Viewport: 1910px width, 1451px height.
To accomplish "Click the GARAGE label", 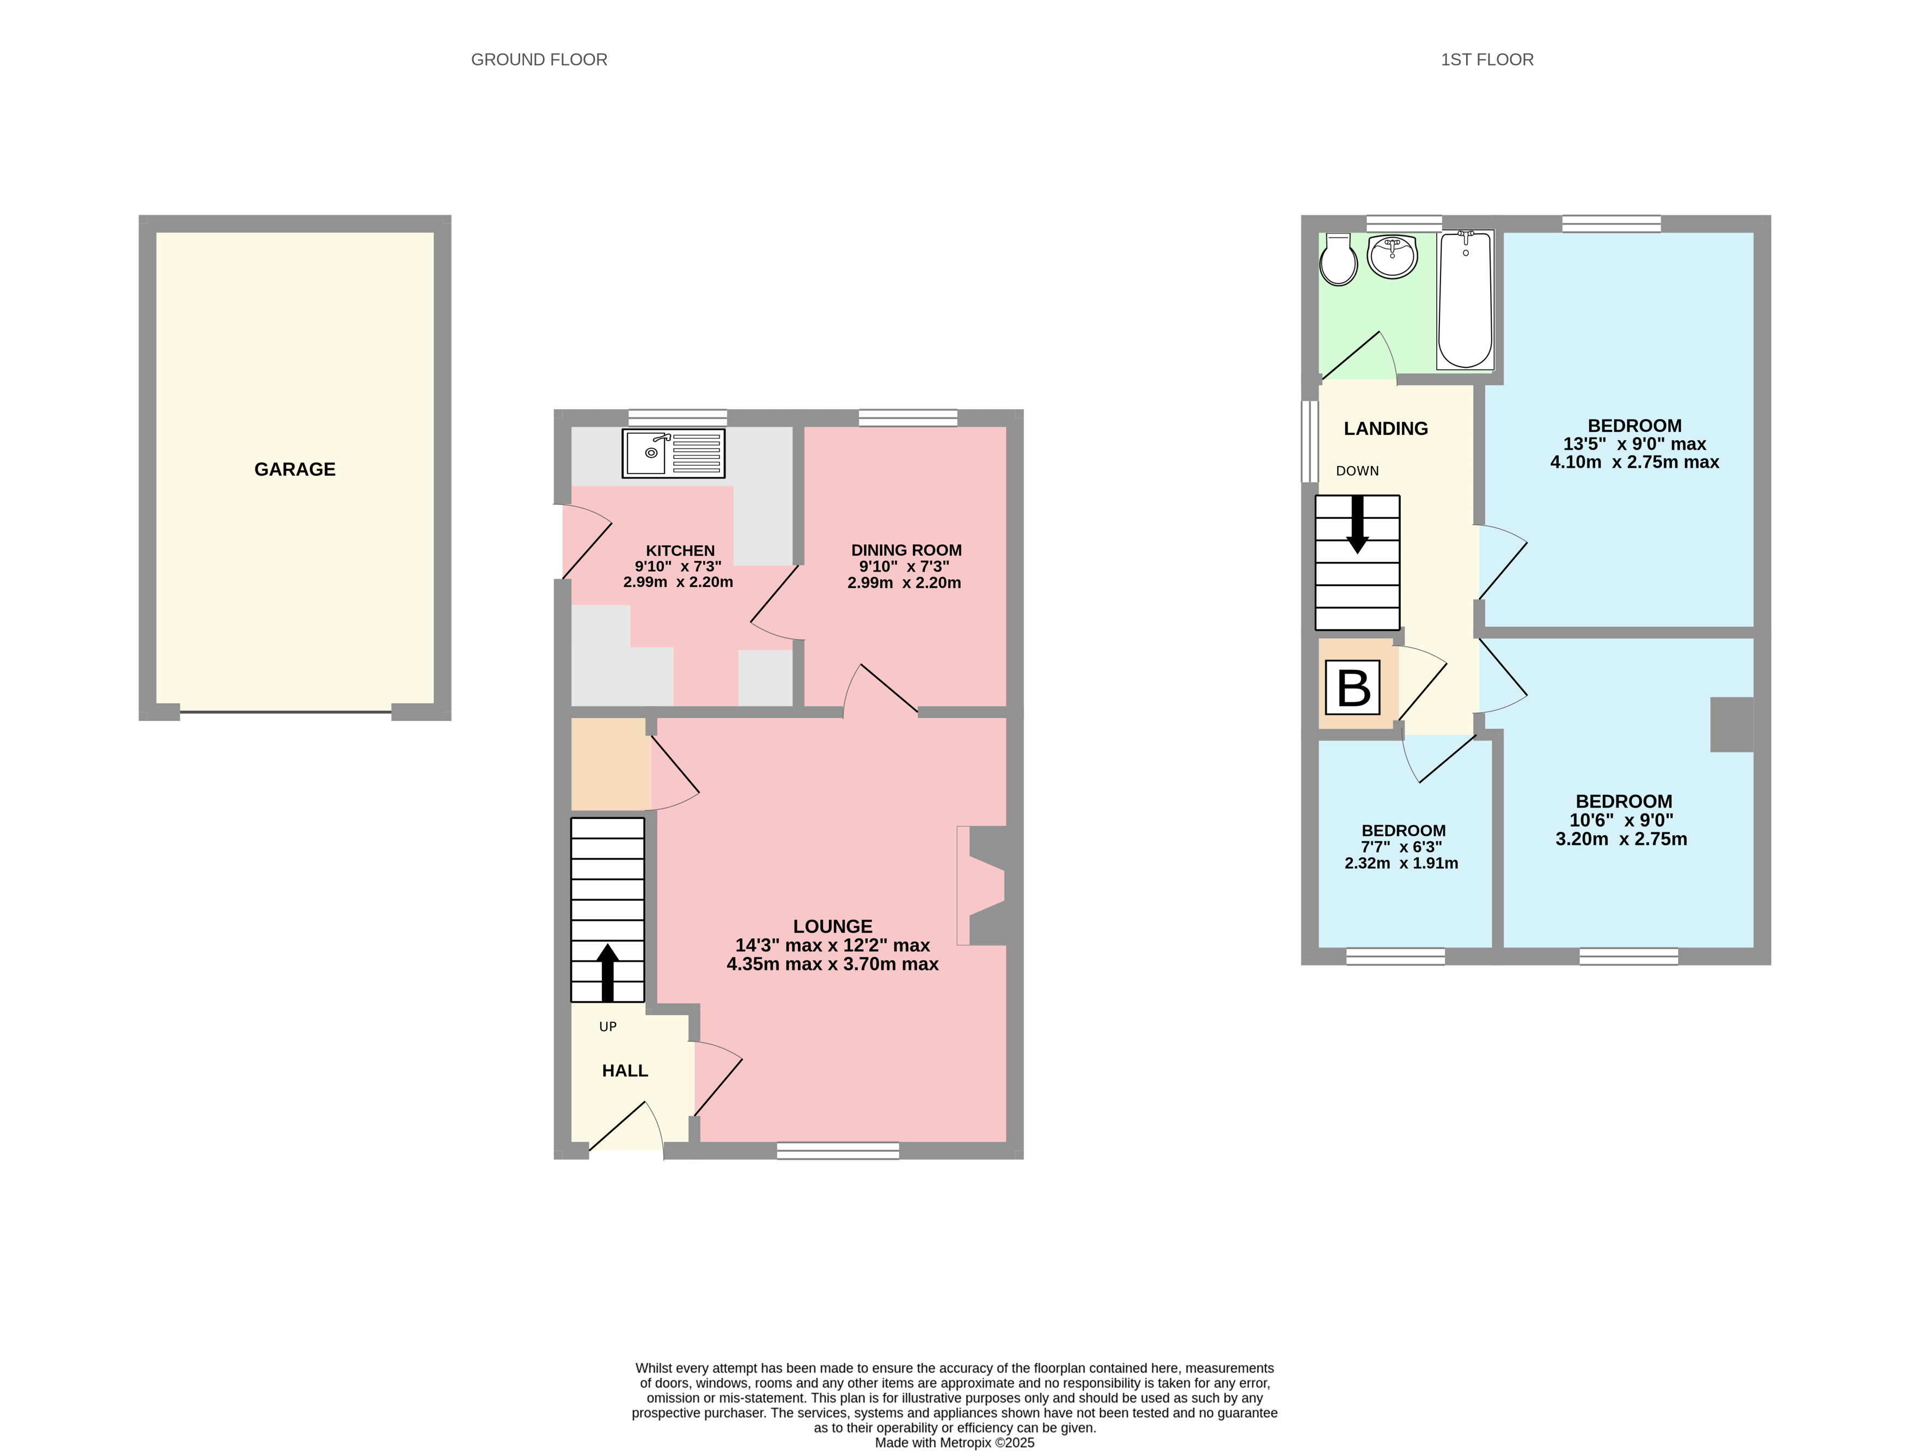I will click(295, 469).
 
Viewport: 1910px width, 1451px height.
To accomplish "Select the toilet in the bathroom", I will click(1338, 260).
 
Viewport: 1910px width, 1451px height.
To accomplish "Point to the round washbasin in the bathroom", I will click(1392, 257).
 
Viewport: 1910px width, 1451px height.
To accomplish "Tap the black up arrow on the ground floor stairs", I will click(607, 972).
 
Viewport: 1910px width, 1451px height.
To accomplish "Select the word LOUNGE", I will click(832, 926).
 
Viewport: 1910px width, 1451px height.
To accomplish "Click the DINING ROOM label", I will click(906, 550).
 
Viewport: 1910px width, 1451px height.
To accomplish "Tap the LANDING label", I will click(1385, 428).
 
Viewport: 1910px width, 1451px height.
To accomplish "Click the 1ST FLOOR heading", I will click(1487, 59).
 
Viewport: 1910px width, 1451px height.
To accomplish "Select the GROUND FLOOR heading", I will click(539, 59).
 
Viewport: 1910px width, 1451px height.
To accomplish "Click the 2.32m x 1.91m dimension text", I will click(1401, 863).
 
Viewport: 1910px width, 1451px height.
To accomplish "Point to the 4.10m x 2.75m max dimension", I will click(1634, 462).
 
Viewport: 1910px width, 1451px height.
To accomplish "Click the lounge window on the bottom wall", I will click(838, 1150).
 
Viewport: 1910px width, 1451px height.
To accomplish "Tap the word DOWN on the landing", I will click(1357, 471).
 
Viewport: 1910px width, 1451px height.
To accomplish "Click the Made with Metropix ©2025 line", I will click(954, 1442).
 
